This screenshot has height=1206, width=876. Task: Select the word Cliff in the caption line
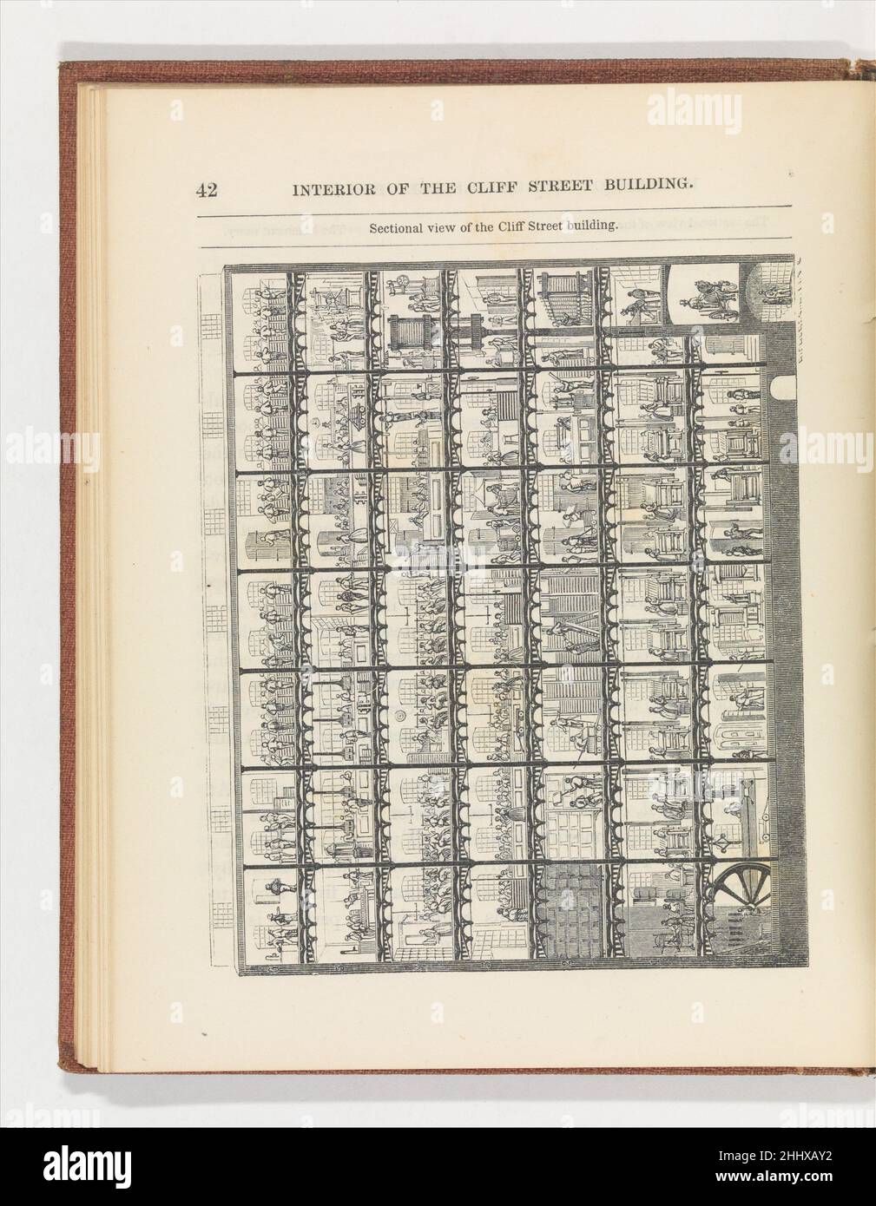coord(510,228)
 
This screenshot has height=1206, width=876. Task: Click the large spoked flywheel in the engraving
coord(741,902)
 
